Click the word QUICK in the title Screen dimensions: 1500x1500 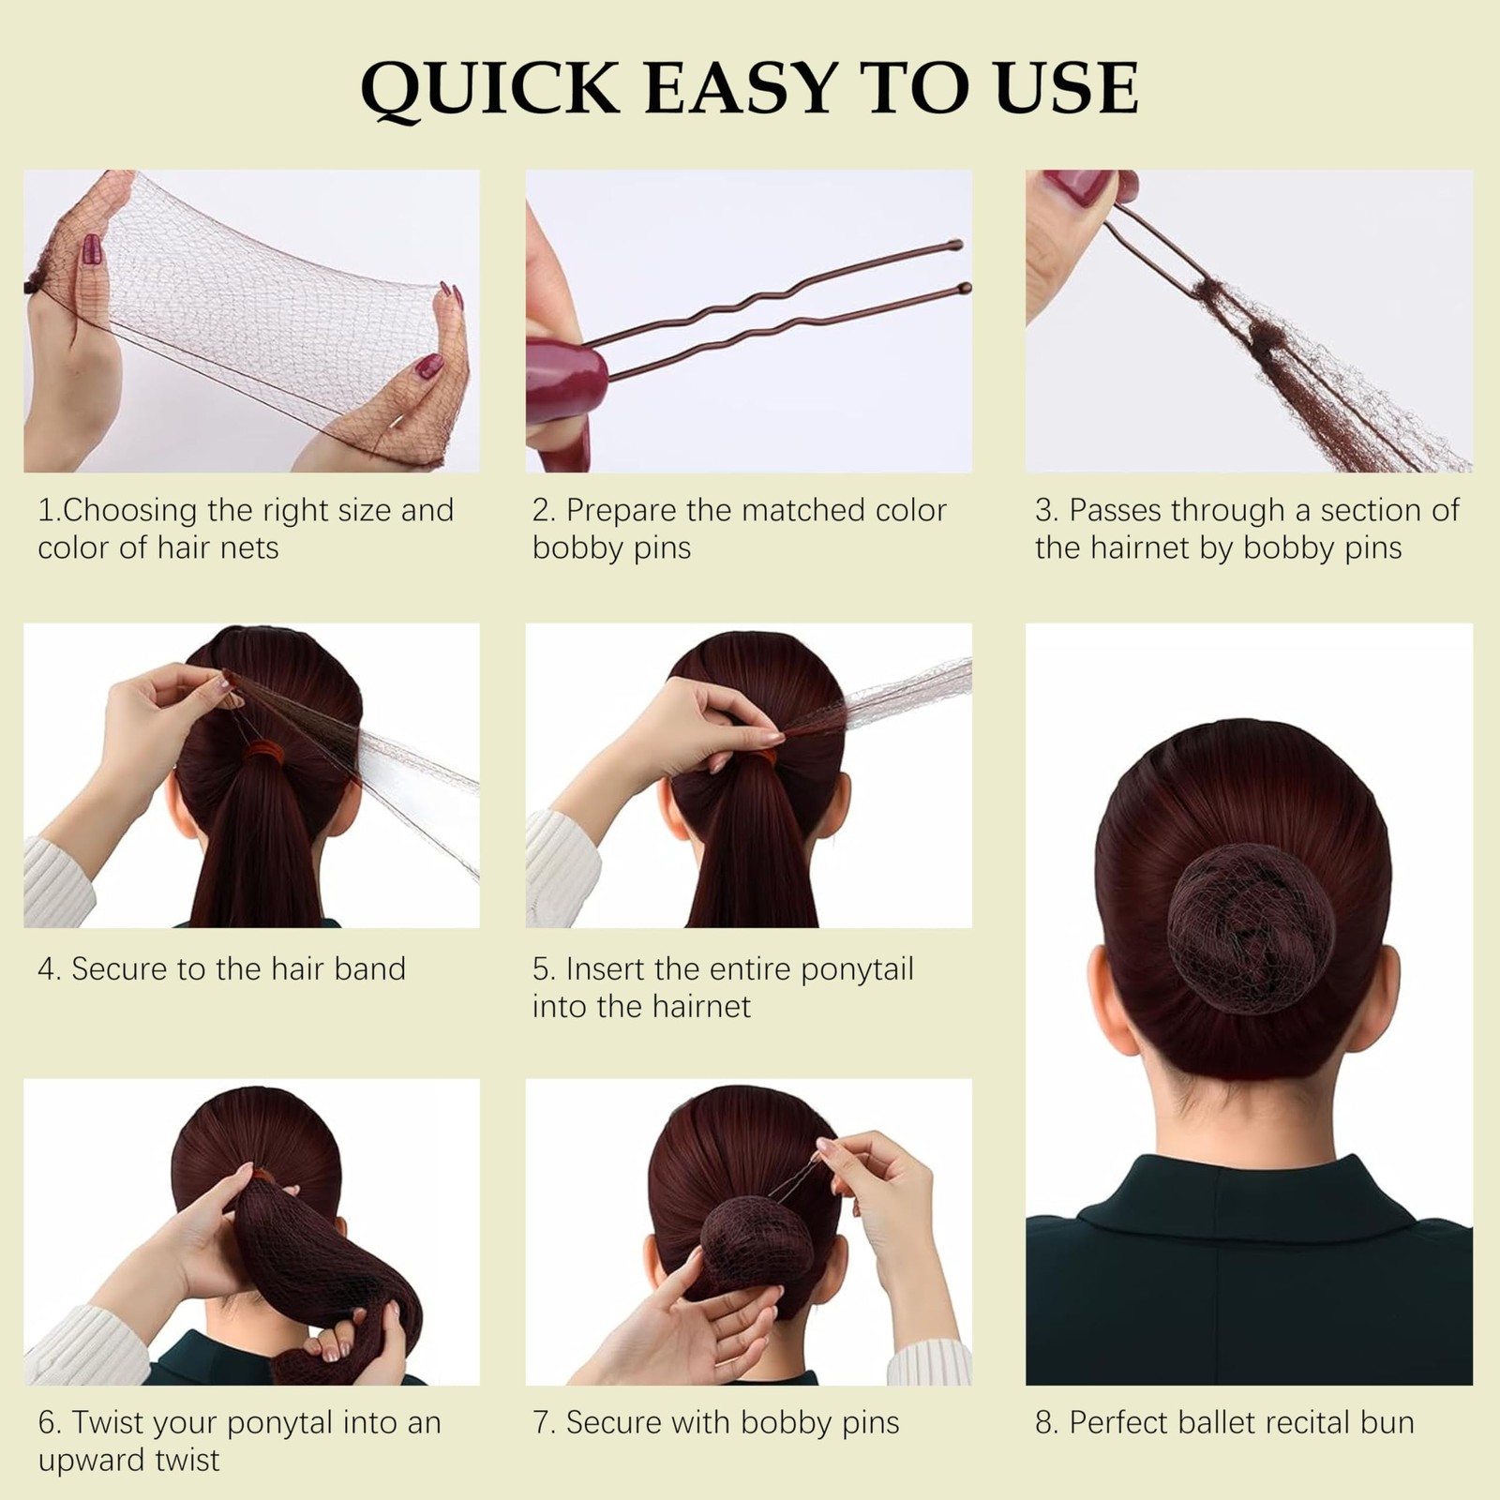click(x=489, y=89)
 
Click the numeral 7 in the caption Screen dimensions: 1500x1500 click(x=541, y=1422)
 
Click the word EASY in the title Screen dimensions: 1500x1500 click(x=741, y=88)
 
